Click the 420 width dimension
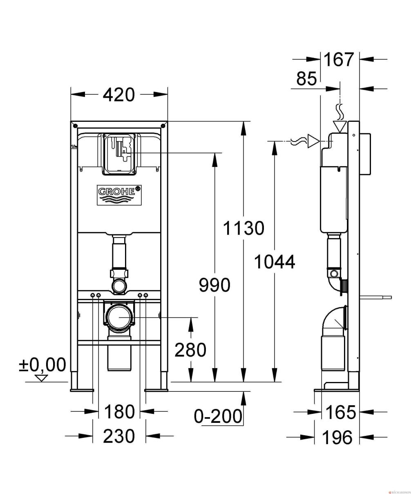118,95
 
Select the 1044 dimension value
275,262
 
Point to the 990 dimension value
214,285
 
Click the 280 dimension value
190,350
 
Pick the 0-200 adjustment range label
218,416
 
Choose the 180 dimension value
119,411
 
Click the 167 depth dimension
338,60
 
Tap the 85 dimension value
306,79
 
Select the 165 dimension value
340,413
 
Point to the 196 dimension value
337,438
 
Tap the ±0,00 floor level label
42,365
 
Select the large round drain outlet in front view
119,317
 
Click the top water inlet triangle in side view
340,126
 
